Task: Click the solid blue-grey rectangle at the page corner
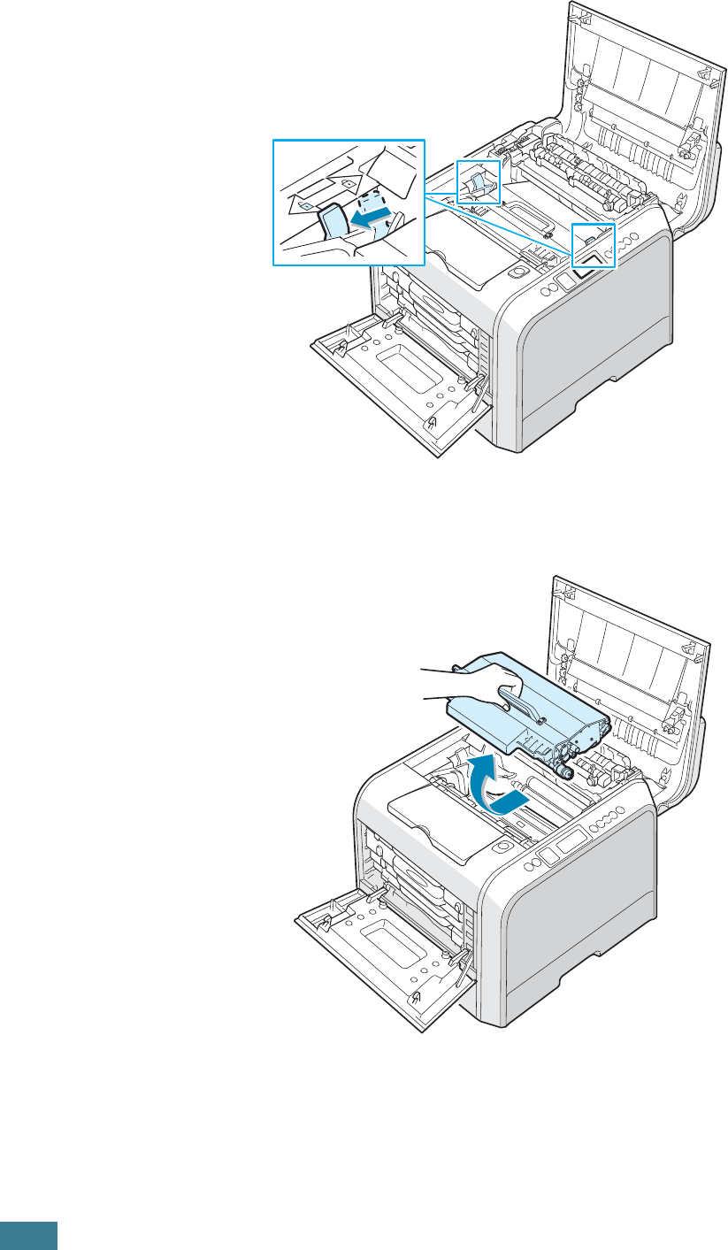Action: pos(28,1236)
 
